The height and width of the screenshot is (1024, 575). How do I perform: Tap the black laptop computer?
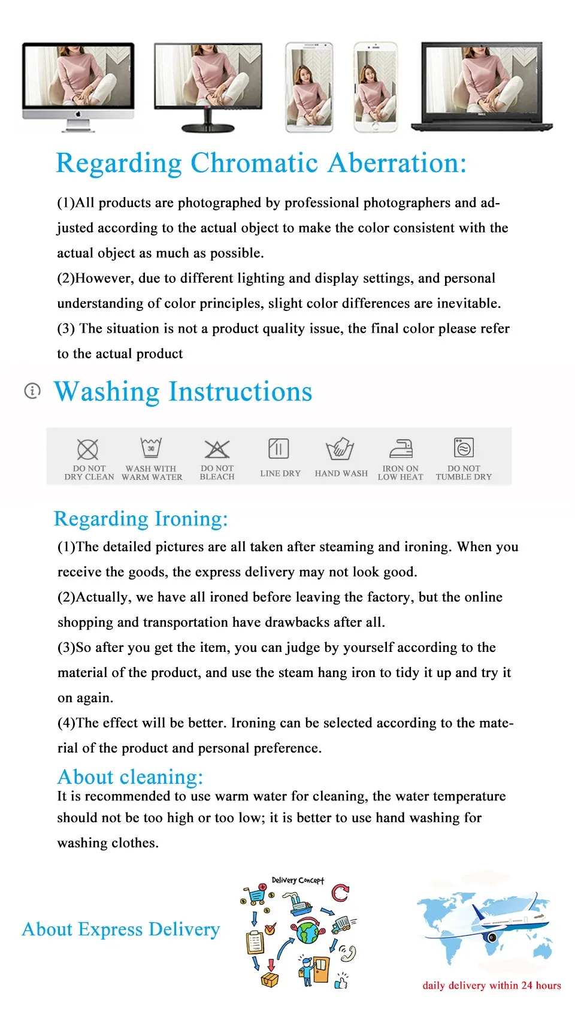click(482, 85)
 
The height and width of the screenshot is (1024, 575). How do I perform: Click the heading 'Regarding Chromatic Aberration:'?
click(261, 163)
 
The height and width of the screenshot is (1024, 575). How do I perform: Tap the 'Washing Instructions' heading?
click(183, 392)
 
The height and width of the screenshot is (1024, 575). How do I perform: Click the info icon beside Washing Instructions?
click(32, 391)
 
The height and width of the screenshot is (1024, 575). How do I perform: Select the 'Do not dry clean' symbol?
click(88, 449)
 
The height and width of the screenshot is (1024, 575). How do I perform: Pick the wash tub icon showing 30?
click(151, 448)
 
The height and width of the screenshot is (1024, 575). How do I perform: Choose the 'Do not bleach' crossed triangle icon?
click(217, 449)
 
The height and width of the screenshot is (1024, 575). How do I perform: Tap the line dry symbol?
click(279, 448)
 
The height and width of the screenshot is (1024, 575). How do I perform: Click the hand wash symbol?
click(340, 448)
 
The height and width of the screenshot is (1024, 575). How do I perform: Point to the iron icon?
click(401, 448)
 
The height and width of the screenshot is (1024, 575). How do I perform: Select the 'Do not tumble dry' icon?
click(464, 448)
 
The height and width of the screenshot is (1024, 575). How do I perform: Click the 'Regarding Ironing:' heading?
click(141, 519)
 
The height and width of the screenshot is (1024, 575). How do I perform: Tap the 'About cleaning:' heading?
click(130, 777)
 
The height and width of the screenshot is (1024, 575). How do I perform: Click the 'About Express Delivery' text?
click(121, 929)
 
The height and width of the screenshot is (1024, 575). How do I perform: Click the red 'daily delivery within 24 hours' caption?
click(492, 986)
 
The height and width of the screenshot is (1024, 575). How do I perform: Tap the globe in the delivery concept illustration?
click(308, 932)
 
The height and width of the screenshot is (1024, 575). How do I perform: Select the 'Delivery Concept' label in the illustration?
click(298, 880)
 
